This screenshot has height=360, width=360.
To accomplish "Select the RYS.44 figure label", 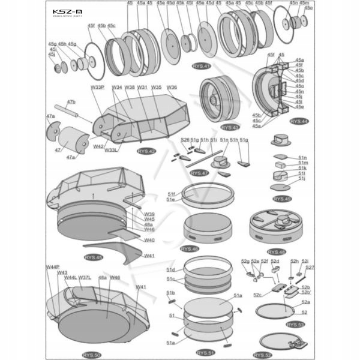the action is (299, 121).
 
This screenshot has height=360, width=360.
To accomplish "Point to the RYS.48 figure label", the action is (277, 251).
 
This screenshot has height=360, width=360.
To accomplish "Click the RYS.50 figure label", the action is (92, 355).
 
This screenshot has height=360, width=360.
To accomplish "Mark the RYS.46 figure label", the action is (190, 249).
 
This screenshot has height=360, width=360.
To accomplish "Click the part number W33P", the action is (98, 88).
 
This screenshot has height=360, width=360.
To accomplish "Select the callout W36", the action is (172, 88).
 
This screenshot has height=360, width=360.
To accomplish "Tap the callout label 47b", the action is (70, 102).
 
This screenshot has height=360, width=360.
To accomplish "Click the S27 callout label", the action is (310, 268).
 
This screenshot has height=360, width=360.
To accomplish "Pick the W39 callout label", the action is (149, 214).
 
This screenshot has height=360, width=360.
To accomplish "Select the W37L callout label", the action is (85, 278).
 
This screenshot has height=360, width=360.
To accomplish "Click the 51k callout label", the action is (302, 168).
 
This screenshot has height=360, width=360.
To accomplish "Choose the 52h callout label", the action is (295, 262).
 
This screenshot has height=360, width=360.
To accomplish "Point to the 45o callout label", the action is (308, 8).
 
